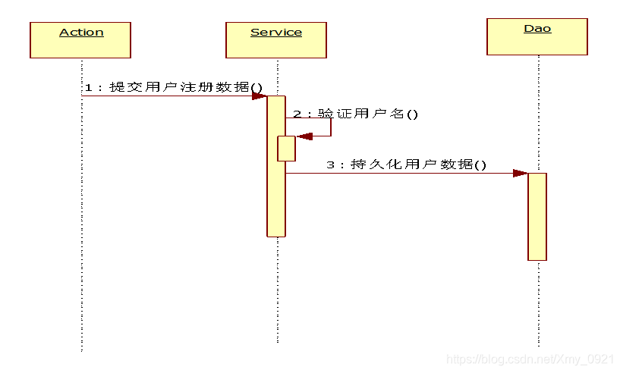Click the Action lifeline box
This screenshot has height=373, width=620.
80,40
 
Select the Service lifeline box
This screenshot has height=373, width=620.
276,40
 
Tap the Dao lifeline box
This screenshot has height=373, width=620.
537,37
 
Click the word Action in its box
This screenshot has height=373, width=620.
81,32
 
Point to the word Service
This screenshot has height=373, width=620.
276,32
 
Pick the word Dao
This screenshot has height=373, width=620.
537,29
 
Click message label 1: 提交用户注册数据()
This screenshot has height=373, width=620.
173,87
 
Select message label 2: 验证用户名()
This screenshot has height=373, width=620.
356,114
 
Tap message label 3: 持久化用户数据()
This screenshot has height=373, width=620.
407,164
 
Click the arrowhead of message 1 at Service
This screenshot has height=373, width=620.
259,96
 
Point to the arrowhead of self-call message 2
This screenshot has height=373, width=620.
304,136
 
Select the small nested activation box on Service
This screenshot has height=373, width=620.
286,149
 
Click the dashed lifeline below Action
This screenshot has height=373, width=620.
81,227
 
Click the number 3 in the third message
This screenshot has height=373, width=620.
330,165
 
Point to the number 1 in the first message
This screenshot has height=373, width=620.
87,87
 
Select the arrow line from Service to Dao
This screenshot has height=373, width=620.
402,173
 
